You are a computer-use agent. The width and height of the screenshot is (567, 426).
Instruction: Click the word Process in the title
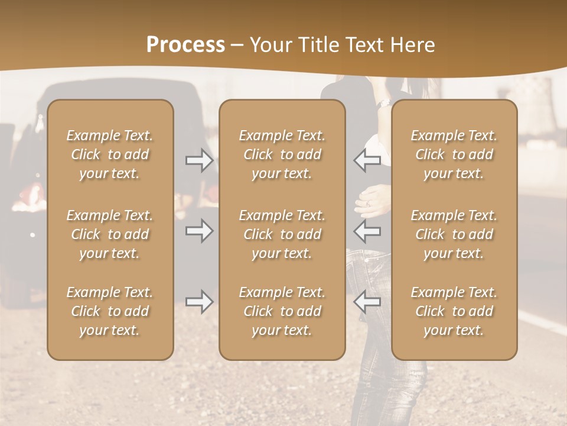(x=185, y=45)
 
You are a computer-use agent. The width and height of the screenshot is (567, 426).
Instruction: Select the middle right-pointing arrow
(x=199, y=231)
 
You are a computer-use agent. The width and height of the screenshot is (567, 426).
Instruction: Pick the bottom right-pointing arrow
(x=199, y=302)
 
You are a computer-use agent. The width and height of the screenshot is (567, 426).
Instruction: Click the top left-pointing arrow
(x=367, y=160)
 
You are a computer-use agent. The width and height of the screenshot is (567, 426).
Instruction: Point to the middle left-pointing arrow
(x=367, y=231)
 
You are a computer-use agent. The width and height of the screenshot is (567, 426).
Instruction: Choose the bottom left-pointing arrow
(x=367, y=302)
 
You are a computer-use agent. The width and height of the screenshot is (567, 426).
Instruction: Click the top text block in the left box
(x=110, y=154)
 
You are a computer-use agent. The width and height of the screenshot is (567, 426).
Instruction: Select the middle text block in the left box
(x=110, y=234)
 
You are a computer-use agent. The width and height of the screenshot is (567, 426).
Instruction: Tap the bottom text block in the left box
(x=110, y=311)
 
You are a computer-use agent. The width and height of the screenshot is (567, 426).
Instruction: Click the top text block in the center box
(x=282, y=154)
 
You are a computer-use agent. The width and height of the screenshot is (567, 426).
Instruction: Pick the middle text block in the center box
(x=282, y=234)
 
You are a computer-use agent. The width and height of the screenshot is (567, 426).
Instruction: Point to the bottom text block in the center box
(x=282, y=311)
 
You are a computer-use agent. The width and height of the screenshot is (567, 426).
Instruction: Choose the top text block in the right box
(x=454, y=154)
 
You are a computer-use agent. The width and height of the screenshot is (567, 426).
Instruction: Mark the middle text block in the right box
(x=454, y=234)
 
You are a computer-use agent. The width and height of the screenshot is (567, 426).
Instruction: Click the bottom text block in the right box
(x=454, y=311)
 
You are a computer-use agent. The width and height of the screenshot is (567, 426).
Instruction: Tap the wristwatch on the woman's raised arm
(x=384, y=104)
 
